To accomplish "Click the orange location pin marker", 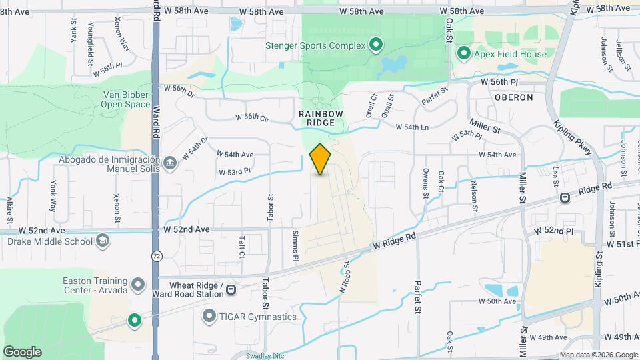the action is pos(321,159).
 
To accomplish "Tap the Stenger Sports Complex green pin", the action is pos(375,45).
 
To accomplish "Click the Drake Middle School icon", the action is pos(103,240).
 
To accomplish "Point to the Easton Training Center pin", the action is pos(138,285).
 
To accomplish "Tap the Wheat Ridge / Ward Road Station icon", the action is pos(231,289).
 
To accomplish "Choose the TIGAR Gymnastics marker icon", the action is pos(209,316).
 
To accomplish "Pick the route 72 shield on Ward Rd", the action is pos(156,255).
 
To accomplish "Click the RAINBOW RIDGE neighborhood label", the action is pos(321,118).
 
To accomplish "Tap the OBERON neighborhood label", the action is pos(514,97).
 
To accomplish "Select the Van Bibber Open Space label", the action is pos(126,99).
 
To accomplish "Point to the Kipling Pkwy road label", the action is pos(571,139).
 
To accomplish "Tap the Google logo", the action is pos(22,352).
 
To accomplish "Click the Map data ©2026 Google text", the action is pos(598,355).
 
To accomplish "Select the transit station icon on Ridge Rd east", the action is pos(565,197).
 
